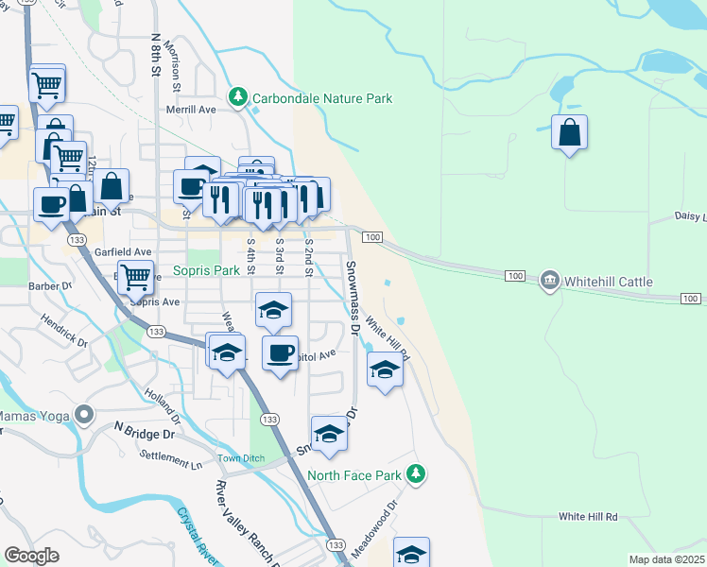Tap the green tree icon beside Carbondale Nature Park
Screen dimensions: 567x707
(x=239, y=97)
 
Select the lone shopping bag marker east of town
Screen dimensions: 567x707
(x=570, y=134)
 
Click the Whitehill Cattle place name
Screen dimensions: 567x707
(x=609, y=282)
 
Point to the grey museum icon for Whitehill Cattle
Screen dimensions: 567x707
(x=550, y=281)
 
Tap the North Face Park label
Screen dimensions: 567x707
(x=354, y=475)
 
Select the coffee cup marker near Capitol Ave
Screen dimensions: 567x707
(x=280, y=354)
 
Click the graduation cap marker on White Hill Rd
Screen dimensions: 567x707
(x=385, y=371)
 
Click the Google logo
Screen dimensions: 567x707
(x=32, y=556)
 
